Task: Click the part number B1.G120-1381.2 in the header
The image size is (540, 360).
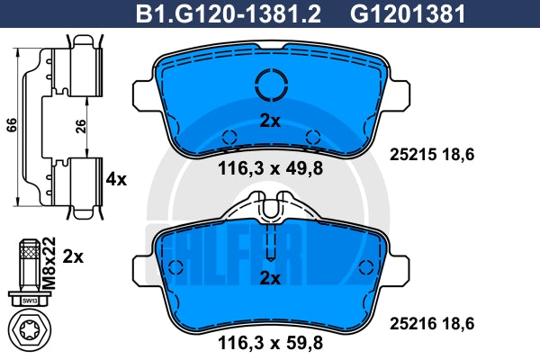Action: [229, 14]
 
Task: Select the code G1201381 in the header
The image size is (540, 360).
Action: [408, 14]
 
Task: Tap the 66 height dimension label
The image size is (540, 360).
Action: [12, 125]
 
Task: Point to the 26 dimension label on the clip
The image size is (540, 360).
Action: [80, 126]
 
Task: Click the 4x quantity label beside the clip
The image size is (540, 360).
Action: [116, 179]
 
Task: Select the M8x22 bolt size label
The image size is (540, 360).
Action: [49, 263]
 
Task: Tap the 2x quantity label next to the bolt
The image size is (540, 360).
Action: [73, 257]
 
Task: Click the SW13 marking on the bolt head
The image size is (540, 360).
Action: [30, 301]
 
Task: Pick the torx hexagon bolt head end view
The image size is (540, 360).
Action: [30, 330]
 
